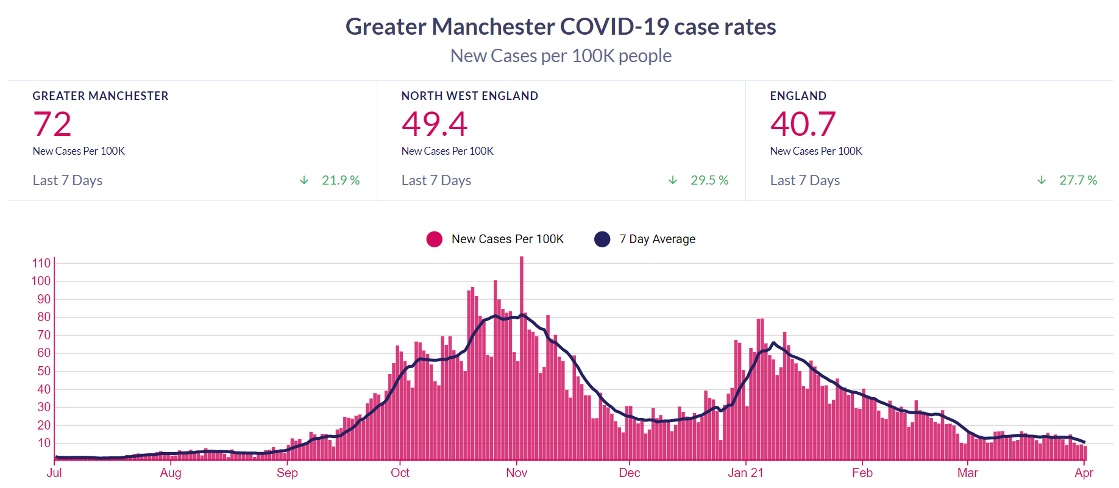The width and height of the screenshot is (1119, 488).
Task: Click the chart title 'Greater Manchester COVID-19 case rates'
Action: pyautogui.click(x=561, y=27)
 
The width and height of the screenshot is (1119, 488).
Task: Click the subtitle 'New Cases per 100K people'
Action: pyautogui.click(x=561, y=56)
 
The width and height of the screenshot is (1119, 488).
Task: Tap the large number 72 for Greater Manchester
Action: pyautogui.click(x=52, y=124)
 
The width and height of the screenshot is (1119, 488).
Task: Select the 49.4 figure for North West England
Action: pyautogui.click(x=434, y=124)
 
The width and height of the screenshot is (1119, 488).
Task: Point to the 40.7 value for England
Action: pyautogui.click(x=803, y=124)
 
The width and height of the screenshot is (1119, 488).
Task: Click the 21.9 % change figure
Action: pyautogui.click(x=341, y=180)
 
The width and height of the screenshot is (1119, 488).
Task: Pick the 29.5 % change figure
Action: pyautogui.click(x=709, y=180)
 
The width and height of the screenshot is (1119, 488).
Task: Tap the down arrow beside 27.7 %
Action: pyautogui.click(x=1042, y=180)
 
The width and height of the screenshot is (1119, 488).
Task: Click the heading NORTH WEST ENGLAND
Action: pyautogui.click(x=469, y=96)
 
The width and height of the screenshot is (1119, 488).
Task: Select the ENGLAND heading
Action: pyautogui.click(x=798, y=96)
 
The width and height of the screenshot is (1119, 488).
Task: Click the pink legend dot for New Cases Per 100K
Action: pyautogui.click(x=435, y=239)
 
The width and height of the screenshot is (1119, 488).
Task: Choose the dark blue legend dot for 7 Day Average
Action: pyautogui.click(x=602, y=239)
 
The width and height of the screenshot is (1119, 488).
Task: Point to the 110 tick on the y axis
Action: pyautogui.click(x=41, y=263)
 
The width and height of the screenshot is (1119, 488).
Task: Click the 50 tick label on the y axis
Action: pyautogui.click(x=44, y=371)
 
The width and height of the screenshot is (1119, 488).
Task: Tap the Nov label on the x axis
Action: pyautogui.click(x=516, y=473)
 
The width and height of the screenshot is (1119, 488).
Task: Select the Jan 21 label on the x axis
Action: pyautogui.click(x=745, y=473)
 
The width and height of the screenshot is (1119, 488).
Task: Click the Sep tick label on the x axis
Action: pyautogui.click(x=287, y=473)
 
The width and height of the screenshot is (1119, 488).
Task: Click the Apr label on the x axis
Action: pyautogui.click(x=1084, y=473)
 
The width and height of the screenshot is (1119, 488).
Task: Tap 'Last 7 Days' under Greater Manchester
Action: pyautogui.click(x=68, y=180)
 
